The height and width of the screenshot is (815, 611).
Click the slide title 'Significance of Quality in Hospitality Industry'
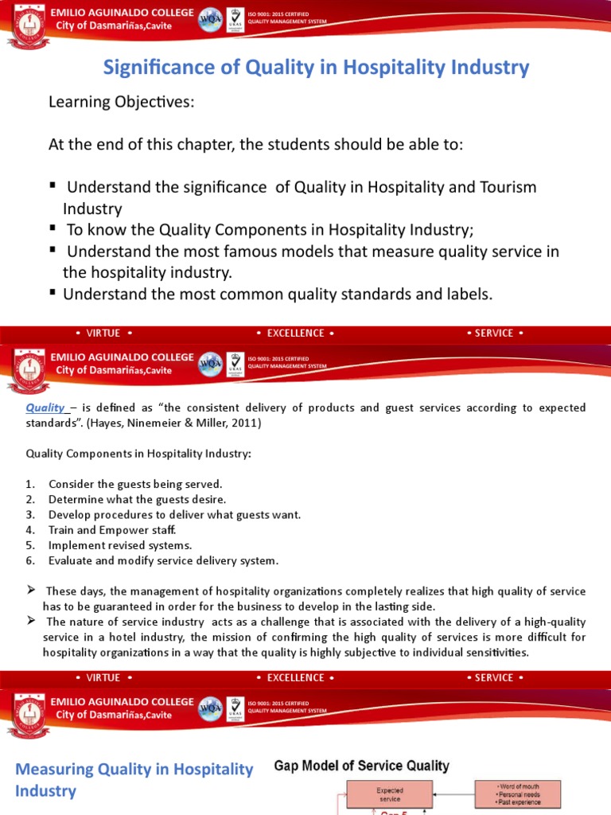click(316, 68)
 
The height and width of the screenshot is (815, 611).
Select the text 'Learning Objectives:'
click(121, 103)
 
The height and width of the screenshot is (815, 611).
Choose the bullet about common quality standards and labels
click(278, 294)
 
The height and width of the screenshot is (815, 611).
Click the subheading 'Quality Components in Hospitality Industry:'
click(138, 454)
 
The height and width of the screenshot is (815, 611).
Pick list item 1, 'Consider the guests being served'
click(135, 484)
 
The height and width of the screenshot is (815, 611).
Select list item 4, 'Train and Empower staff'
click(111, 529)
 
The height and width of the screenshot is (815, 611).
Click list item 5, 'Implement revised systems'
click(119, 544)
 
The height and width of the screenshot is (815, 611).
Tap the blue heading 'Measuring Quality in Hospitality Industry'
click(134, 779)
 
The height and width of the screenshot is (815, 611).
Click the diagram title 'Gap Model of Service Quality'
click(361, 766)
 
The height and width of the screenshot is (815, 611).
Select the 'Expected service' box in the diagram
click(389, 795)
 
